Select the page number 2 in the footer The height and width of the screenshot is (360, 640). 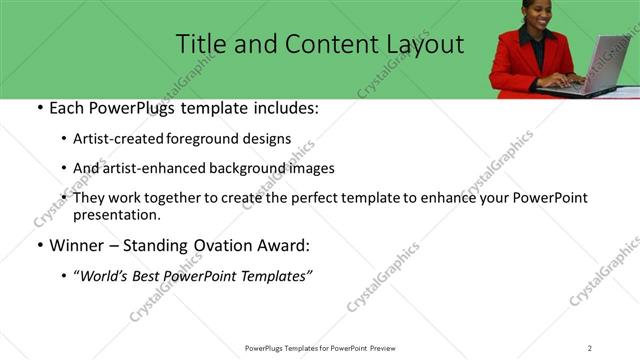coord(590,348)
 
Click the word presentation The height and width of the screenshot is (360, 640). coord(116,215)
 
